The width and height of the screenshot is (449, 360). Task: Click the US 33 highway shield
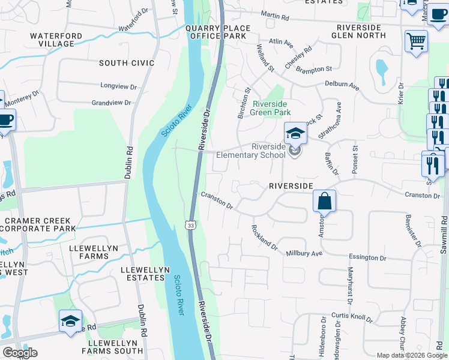(190, 225)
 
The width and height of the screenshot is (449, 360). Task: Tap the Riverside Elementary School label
(268, 151)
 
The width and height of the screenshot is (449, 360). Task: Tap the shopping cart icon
(415, 41)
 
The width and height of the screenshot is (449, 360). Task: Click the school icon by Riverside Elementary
(295, 133)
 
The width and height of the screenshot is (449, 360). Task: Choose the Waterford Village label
(56, 40)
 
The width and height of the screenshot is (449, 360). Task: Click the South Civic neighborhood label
(127, 63)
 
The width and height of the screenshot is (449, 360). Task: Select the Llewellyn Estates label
(143, 274)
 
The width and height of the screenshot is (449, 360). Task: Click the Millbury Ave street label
(304, 253)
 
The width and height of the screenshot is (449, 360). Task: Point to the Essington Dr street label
(367, 257)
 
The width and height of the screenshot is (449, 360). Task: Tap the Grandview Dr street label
(111, 103)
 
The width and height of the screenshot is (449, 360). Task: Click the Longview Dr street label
(119, 86)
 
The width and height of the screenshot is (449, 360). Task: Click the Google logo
(20, 353)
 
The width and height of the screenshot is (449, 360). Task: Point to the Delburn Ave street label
(342, 85)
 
